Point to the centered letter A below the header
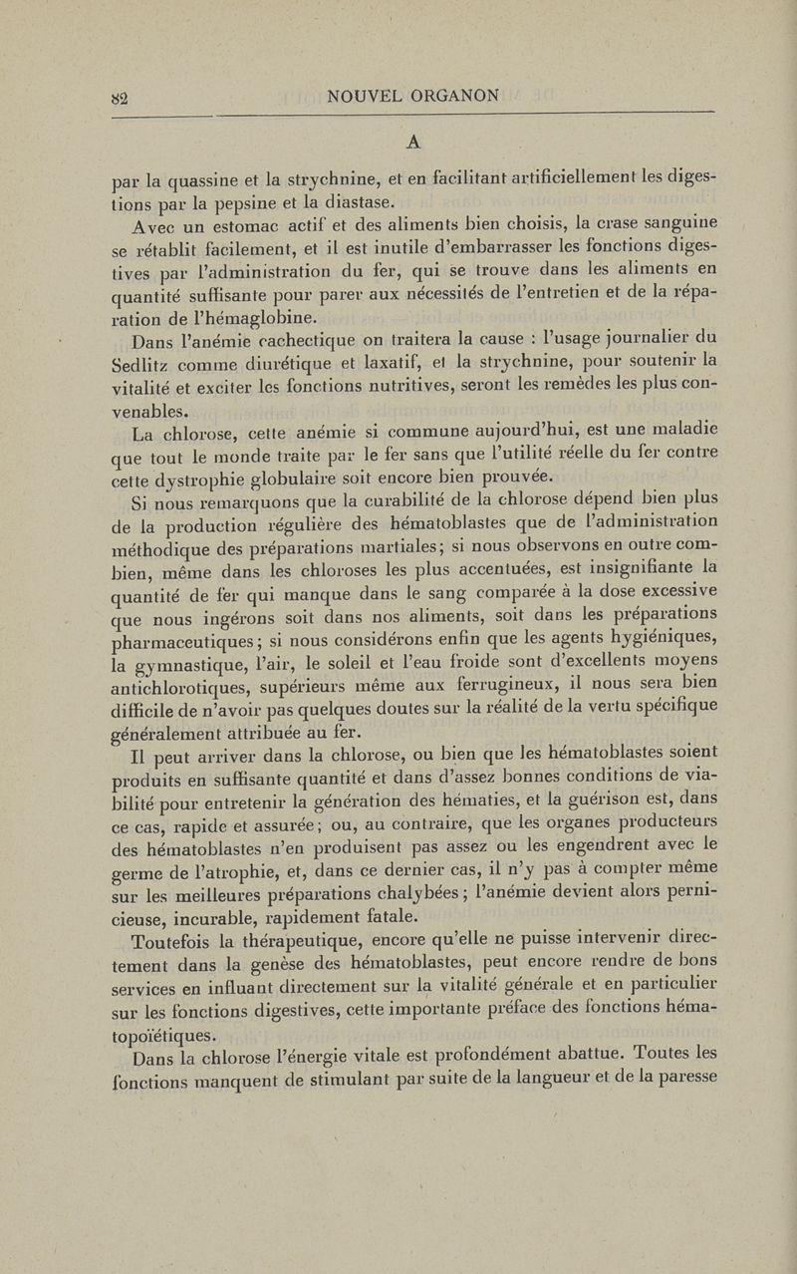pos(411,139)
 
